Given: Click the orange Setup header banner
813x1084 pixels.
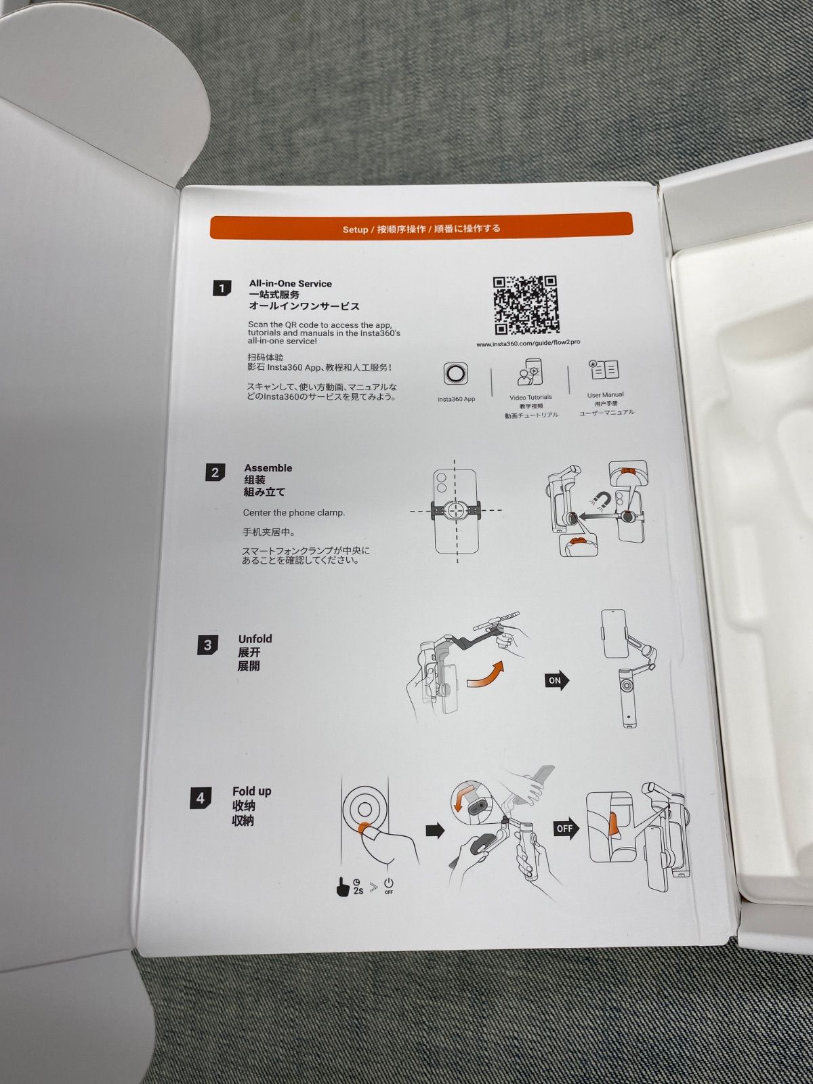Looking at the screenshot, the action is coord(421,226).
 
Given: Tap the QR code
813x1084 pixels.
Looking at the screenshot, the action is coord(526,305).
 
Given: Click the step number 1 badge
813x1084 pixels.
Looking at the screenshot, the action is coord(222,289).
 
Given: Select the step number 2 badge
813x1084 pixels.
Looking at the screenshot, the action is coord(215,472).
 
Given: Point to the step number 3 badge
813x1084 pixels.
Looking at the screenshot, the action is coord(208,645).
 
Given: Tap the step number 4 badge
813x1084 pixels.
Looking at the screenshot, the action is coord(201,799).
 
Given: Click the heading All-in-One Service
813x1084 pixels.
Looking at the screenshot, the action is coord(290,283).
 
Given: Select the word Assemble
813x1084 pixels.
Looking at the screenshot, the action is coord(268,467).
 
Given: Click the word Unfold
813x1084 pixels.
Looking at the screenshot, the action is coord(255,639).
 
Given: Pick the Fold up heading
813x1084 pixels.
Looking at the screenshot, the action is coord(252,791).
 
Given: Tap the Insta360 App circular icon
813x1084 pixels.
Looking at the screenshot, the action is coord(455,373).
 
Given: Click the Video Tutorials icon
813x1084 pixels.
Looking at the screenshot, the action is coord(528,372).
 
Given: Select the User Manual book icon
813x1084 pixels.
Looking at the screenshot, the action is coord(604,369).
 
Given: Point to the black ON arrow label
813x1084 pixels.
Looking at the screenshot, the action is coord(557,680).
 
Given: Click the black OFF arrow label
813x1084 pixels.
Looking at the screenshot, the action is coord(566,828).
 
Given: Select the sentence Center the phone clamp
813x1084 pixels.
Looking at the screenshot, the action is coord(294,513).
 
